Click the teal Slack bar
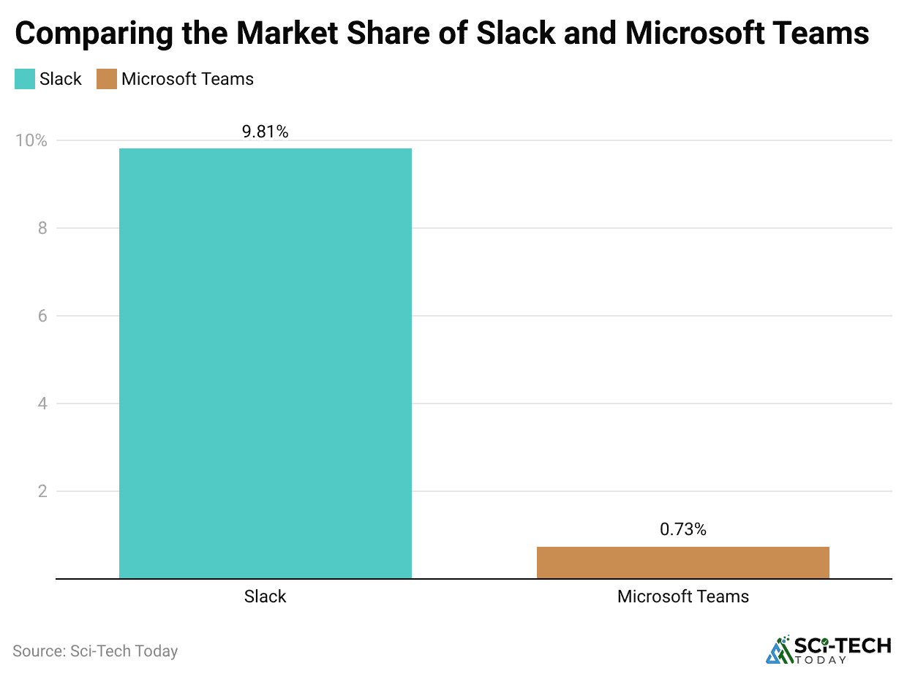tap(265, 363)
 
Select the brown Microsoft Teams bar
tap(682, 563)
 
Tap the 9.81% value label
tap(265, 132)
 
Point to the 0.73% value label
tap(682, 530)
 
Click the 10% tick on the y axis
tap(31, 140)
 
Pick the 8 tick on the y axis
tap(42, 228)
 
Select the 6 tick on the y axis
tap(42, 316)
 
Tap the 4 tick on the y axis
tap(42, 404)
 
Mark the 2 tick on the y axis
tap(42, 491)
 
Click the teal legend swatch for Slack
tap(25, 79)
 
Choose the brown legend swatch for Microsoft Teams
tap(107, 79)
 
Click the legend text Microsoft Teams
tap(187, 79)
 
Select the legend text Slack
tap(61, 79)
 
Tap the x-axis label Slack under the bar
tap(265, 597)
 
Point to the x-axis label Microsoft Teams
tap(682, 597)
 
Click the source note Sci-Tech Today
tap(95, 651)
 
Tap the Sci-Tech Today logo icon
tap(779, 650)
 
